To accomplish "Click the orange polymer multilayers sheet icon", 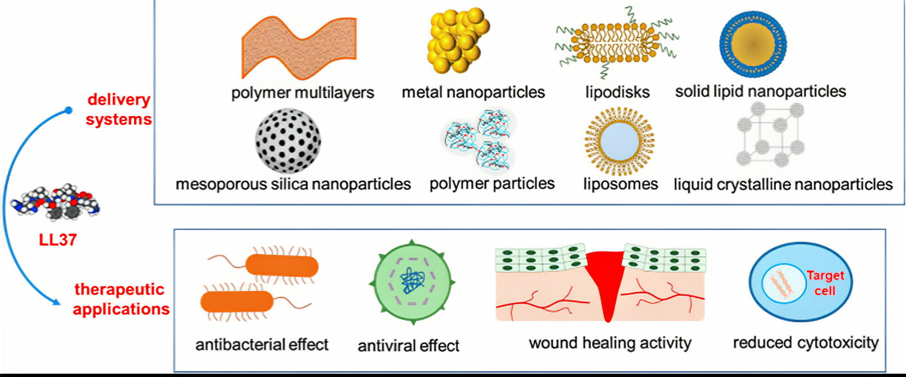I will tap(299, 47).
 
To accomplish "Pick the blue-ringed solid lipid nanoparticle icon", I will tap(753, 44).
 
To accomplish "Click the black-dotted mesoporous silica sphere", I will tap(288, 140).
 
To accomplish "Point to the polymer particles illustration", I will tap(478, 140).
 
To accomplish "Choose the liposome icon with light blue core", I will tap(619, 141).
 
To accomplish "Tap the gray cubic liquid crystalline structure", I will tap(770, 136).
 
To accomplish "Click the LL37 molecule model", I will tap(56, 202).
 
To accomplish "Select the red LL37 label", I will tap(58, 240).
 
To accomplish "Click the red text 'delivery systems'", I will tap(119, 109).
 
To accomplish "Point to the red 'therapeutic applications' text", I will tap(120, 299).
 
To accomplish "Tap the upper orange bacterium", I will tap(282, 265).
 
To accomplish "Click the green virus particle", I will tap(412, 282).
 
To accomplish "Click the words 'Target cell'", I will tap(825, 283).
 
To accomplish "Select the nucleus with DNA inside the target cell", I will tap(783, 283).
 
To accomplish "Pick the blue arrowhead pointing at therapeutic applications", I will tap(56, 302).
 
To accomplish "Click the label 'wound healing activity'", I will tap(610, 343).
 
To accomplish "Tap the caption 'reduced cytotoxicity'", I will tap(805, 342).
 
